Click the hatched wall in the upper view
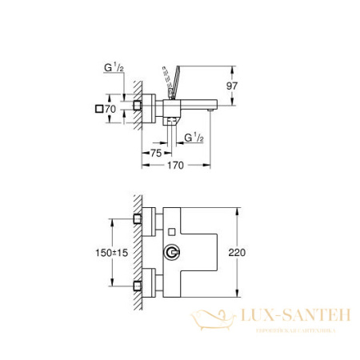[138, 108]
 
